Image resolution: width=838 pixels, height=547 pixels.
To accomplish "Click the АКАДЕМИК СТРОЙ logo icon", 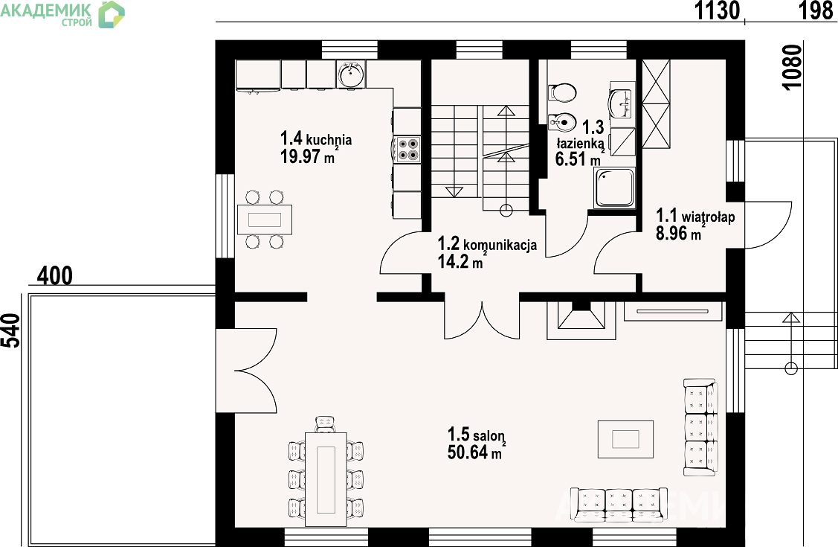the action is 112,14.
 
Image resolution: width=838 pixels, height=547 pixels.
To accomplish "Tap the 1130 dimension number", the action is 717,10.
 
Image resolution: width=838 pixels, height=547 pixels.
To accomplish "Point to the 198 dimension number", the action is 816,10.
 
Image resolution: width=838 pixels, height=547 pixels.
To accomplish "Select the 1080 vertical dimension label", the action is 793,68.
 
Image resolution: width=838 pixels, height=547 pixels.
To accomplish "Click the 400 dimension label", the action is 55,276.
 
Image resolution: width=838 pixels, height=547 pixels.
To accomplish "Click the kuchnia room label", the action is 329,140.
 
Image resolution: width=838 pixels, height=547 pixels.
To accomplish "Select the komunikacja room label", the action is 500,245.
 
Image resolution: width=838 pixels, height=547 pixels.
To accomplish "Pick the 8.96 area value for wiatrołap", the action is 671,233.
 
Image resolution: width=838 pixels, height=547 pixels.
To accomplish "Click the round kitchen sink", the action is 350,73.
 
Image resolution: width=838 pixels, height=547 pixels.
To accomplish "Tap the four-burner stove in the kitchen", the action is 407,149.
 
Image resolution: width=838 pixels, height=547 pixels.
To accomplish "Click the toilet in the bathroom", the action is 562,92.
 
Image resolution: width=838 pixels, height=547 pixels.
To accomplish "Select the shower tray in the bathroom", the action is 615,188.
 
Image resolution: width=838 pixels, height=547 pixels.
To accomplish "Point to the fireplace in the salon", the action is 581,320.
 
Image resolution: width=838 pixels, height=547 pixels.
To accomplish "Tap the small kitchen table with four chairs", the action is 265,220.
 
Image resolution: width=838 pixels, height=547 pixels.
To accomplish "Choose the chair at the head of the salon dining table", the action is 325,424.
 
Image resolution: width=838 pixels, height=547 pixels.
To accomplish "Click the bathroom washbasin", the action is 620,103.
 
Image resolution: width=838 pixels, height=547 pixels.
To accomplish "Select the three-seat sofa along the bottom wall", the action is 619,505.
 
